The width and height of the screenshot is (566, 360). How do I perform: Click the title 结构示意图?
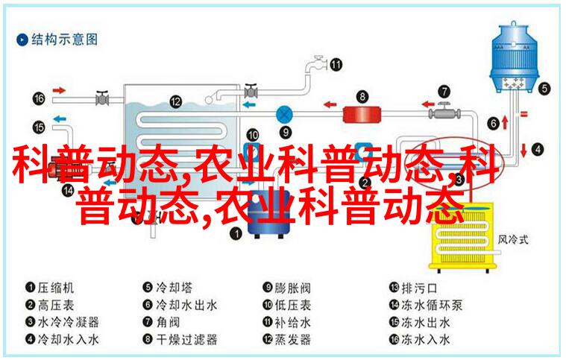coord(64,40)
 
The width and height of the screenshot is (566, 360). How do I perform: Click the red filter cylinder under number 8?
coord(362,115)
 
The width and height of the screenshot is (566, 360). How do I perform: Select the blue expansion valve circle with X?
coord(284,115)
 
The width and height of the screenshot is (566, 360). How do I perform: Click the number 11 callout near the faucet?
coord(336,65)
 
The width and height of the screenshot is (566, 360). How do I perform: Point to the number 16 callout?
coord(39,98)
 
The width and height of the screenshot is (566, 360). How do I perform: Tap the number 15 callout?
coord(39,127)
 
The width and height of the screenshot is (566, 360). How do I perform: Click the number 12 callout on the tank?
coord(175,101)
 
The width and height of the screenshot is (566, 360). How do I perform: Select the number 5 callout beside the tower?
coord(544,89)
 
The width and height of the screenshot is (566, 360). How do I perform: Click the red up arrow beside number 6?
coord(505,123)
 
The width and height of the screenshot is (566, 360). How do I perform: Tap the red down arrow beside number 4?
coord(523,150)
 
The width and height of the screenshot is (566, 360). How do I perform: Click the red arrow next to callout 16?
coord(59,90)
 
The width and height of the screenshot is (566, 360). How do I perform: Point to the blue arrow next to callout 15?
coord(60,119)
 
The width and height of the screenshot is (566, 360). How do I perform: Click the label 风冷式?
coord(513,239)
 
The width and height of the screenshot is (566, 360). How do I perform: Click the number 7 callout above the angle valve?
coord(444,91)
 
